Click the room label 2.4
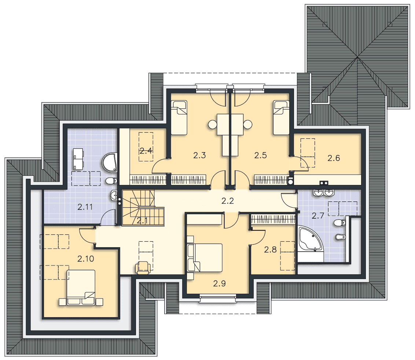pos(146,151)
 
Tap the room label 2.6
pos(334,158)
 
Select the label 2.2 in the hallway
pos(228,201)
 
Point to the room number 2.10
pos(86,259)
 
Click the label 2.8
pos(270,249)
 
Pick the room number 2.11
pos(85,207)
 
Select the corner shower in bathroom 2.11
pos(110,162)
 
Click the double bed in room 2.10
pos(81,287)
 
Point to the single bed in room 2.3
pos(179,117)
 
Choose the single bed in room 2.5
pos(281,117)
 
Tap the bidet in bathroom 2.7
pos(339,237)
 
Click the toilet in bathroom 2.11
pos(111,181)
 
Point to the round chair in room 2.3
pos(212,124)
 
